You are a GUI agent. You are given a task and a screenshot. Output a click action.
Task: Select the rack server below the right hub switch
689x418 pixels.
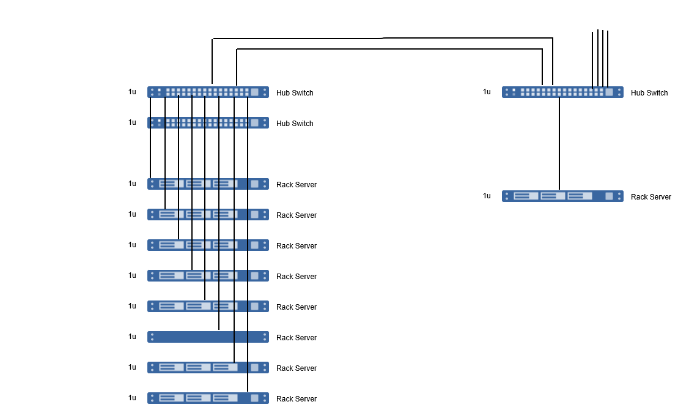coord(562,196)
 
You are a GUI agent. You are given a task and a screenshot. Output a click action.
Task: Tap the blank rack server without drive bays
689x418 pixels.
coord(183,337)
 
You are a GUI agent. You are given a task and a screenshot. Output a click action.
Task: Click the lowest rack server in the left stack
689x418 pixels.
coord(208,398)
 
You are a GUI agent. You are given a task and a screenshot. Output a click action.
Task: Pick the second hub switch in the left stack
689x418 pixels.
coord(208,122)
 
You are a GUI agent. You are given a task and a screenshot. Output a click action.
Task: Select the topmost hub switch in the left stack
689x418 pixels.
coord(208,92)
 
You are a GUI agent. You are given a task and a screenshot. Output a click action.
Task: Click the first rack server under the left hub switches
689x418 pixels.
coord(208,184)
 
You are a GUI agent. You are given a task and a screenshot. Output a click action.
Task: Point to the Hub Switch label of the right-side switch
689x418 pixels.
coord(649,93)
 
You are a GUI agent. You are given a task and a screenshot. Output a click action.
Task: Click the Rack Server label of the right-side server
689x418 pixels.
coord(651,197)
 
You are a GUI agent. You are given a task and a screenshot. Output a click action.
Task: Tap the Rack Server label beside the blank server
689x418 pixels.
coord(297,338)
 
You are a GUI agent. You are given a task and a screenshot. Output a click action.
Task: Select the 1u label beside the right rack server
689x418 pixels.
coord(487,196)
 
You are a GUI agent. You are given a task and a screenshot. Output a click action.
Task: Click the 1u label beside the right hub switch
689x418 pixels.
coord(487,92)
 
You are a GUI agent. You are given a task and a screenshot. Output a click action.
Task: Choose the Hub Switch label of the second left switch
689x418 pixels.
coord(295,124)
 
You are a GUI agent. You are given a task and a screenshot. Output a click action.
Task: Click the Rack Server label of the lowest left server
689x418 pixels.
coord(297,399)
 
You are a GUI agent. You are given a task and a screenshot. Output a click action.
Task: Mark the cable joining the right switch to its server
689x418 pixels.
coord(559,144)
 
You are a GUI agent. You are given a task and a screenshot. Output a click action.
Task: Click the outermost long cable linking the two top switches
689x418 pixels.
coord(382,39)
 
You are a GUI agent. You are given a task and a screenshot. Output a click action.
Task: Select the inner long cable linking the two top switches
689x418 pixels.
coord(389,49)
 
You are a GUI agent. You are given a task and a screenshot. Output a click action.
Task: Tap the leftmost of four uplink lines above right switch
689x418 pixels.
coord(592,58)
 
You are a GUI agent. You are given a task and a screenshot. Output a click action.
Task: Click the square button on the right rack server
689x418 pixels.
coord(609,196)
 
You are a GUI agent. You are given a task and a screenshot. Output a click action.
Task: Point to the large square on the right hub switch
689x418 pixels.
coord(609,92)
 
